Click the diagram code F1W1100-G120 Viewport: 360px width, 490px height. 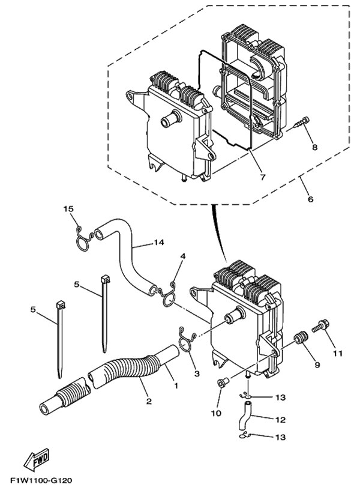[41, 480]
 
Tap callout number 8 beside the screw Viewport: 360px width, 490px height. [314, 147]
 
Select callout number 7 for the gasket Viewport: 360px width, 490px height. [263, 177]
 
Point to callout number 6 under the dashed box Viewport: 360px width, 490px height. [310, 199]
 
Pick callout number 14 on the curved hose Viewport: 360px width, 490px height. [158, 242]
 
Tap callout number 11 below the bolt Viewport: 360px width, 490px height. [338, 354]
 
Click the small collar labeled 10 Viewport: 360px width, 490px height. [223, 383]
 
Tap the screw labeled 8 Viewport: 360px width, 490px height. [300, 123]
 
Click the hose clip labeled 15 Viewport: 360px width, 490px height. [83, 238]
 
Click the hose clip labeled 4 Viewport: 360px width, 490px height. [167, 295]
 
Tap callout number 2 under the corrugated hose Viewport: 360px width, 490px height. [149, 401]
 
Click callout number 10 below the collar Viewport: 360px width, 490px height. [216, 413]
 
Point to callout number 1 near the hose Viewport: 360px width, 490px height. [176, 386]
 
